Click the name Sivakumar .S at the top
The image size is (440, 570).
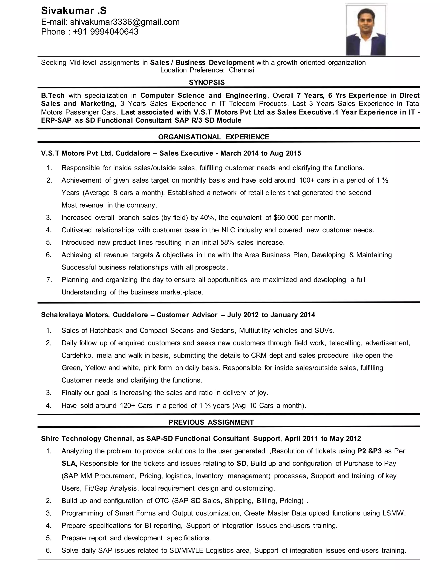(74, 11)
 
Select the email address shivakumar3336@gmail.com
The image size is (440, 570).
(125, 22)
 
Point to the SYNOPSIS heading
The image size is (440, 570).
(207, 82)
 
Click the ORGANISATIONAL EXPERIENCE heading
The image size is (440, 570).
(214, 137)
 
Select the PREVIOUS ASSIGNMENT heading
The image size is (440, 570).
(211, 422)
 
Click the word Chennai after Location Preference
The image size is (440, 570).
(241, 70)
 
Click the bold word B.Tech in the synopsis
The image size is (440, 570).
(53, 96)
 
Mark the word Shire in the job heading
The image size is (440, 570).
(50, 438)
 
